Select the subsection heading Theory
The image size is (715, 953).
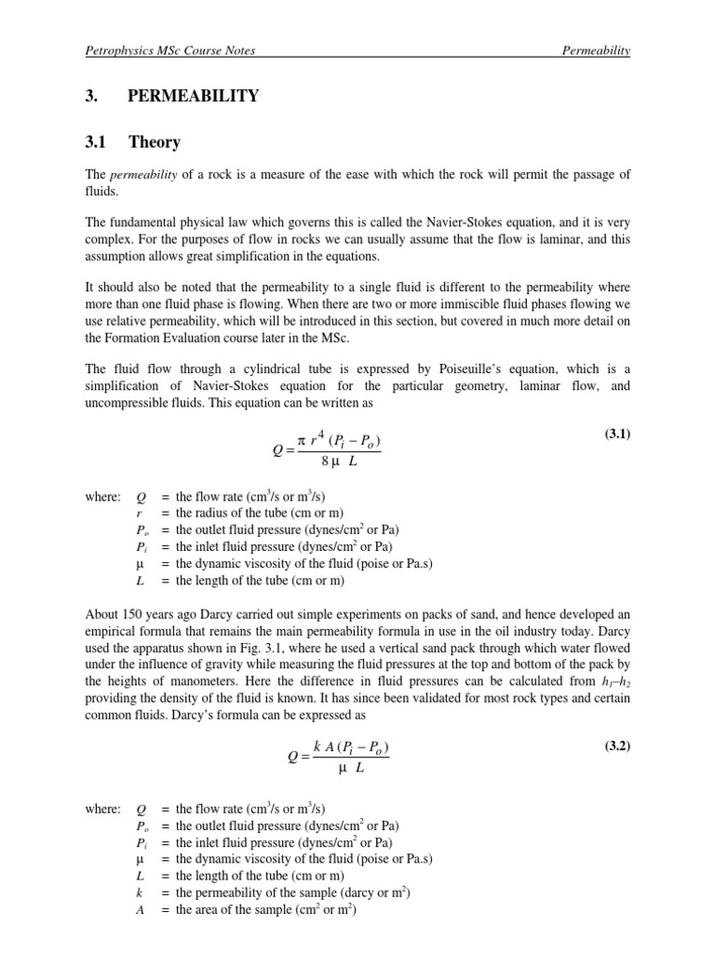pyautogui.click(x=155, y=142)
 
